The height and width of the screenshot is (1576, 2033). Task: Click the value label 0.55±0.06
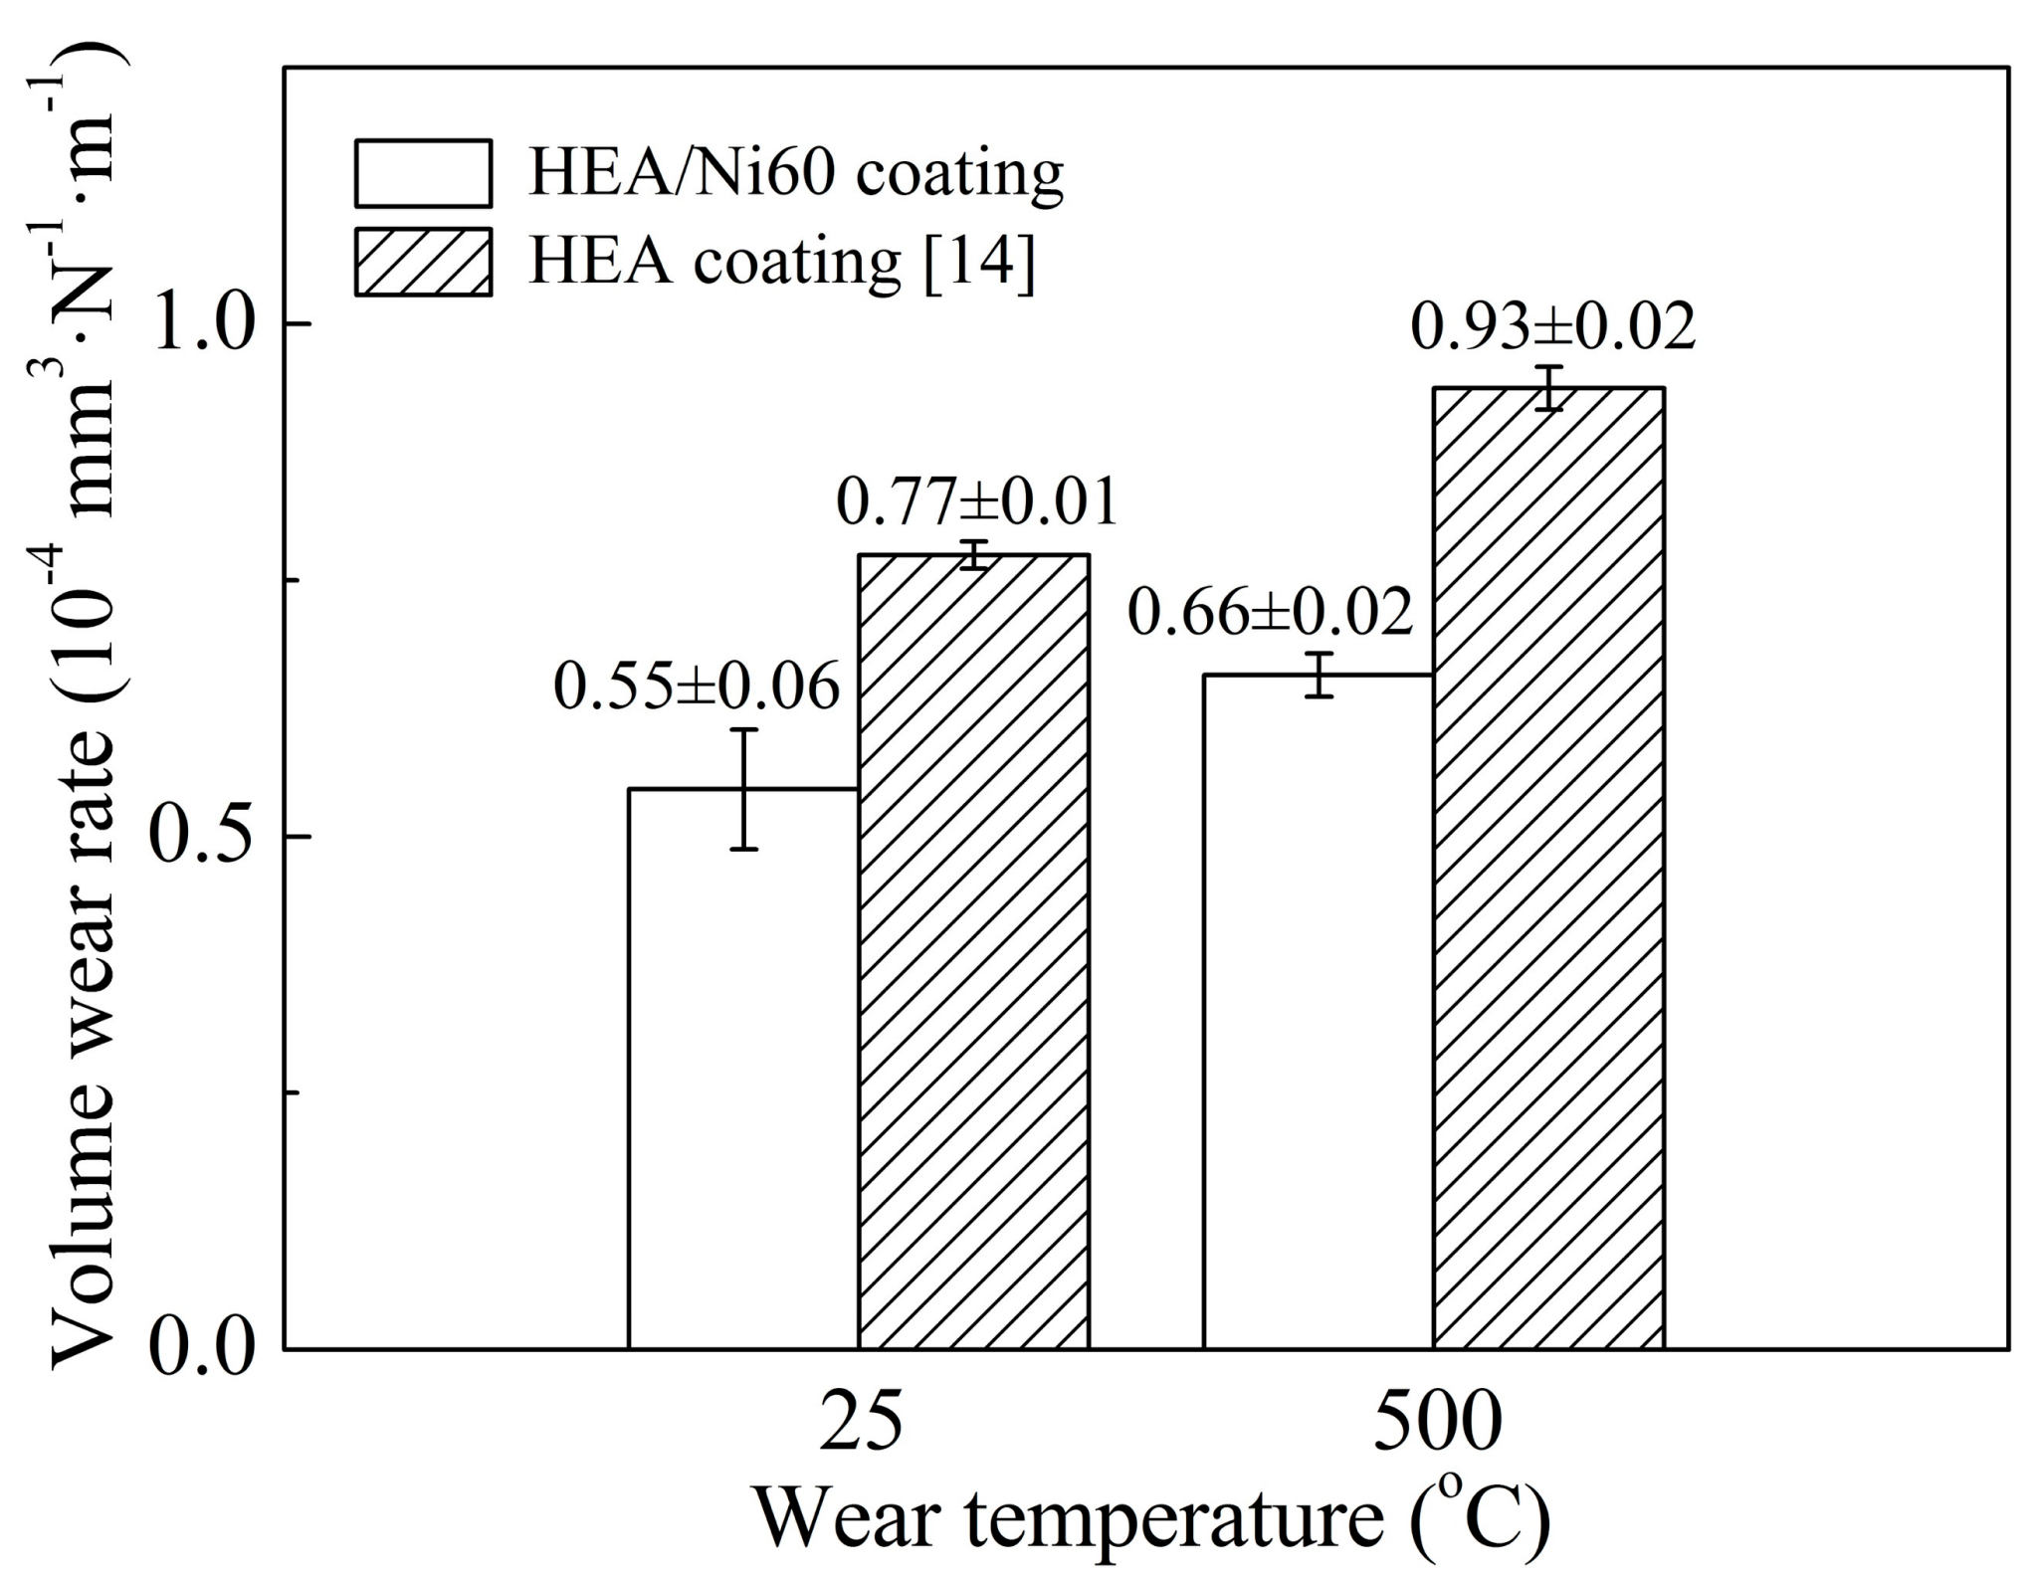pos(697,688)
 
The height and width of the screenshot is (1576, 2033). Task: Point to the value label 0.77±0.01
pos(977,502)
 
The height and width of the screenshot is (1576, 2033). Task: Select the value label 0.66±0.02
pos(1270,612)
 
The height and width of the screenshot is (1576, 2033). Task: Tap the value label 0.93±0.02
pos(1552,328)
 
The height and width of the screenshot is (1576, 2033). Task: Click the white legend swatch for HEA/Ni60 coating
pos(423,173)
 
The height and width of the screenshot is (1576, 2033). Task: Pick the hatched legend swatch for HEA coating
pos(423,262)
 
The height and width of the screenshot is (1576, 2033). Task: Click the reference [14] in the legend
pos(979,262)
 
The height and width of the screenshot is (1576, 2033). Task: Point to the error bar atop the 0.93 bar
pos(1548,388)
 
